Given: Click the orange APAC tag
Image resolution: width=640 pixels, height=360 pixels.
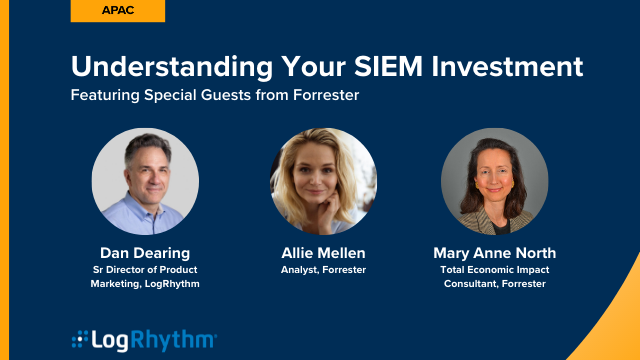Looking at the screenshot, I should (x=118, y=11).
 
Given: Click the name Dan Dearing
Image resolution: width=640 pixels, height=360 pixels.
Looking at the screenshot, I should (x=145, y=252).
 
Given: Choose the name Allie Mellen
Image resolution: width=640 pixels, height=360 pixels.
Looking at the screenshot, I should (x=323, y=252).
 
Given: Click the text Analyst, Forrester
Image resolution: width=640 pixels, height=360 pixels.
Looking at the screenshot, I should (x=323, y=270).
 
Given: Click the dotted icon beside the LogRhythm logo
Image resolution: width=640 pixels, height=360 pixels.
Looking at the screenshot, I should (x=79, y=340).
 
